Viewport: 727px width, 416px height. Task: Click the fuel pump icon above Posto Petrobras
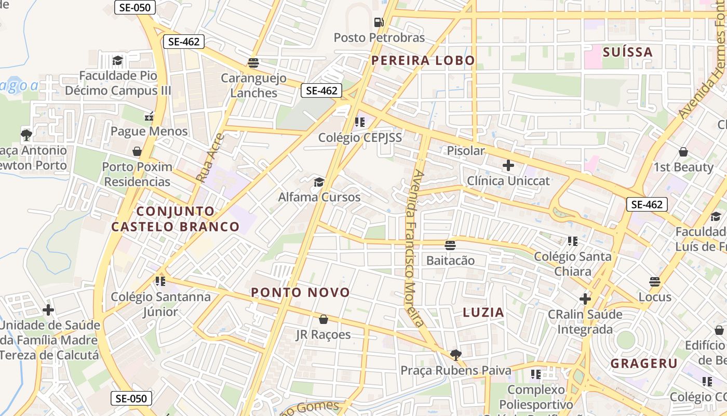pos(379,22)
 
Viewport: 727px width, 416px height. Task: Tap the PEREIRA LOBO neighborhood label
pos(423,60)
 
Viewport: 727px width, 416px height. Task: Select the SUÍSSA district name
pos(628,52)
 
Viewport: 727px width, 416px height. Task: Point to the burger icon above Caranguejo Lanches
pos(253,63)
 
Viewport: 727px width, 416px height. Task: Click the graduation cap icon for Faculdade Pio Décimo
pos(118,60)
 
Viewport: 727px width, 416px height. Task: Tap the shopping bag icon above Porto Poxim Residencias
pos(137,151)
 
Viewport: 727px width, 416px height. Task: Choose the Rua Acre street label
pos(210,158)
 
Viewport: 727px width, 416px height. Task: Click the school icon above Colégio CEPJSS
pos(359,122)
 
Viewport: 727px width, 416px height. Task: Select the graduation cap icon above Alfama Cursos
pos(319,182)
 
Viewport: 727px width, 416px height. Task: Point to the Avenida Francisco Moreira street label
pos(416,248)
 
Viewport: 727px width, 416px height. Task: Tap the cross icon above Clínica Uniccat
pos(508,165)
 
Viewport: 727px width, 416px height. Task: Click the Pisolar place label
pos(466,151)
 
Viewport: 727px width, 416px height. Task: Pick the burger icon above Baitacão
pos(450,245)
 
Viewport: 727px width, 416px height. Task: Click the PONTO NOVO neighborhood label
pos(301,292)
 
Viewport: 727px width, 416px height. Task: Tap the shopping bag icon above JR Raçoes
pos(324,319)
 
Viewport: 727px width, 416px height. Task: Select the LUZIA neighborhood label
pos(483,313)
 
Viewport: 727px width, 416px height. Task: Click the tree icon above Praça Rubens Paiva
pos(456,355)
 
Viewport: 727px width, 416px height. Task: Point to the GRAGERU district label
pos(644,363)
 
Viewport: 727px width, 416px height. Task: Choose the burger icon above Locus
pos(655,282)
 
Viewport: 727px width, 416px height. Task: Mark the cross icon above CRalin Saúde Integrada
pos(585,299)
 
